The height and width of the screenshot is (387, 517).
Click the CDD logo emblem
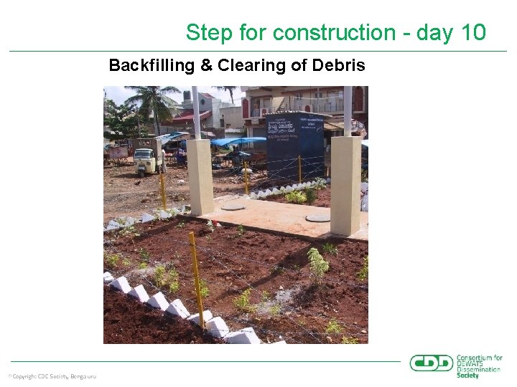[431, 363]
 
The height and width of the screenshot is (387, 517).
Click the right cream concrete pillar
[345, 185]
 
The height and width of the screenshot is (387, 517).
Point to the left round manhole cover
[233, 207]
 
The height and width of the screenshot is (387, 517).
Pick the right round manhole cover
[317, 217]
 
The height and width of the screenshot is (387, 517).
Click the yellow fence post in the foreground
[196, 279]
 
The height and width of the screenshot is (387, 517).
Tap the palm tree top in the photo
[152, 98]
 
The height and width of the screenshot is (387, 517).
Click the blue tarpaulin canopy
[238, 142]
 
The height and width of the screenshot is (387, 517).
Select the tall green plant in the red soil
[318, 264]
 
